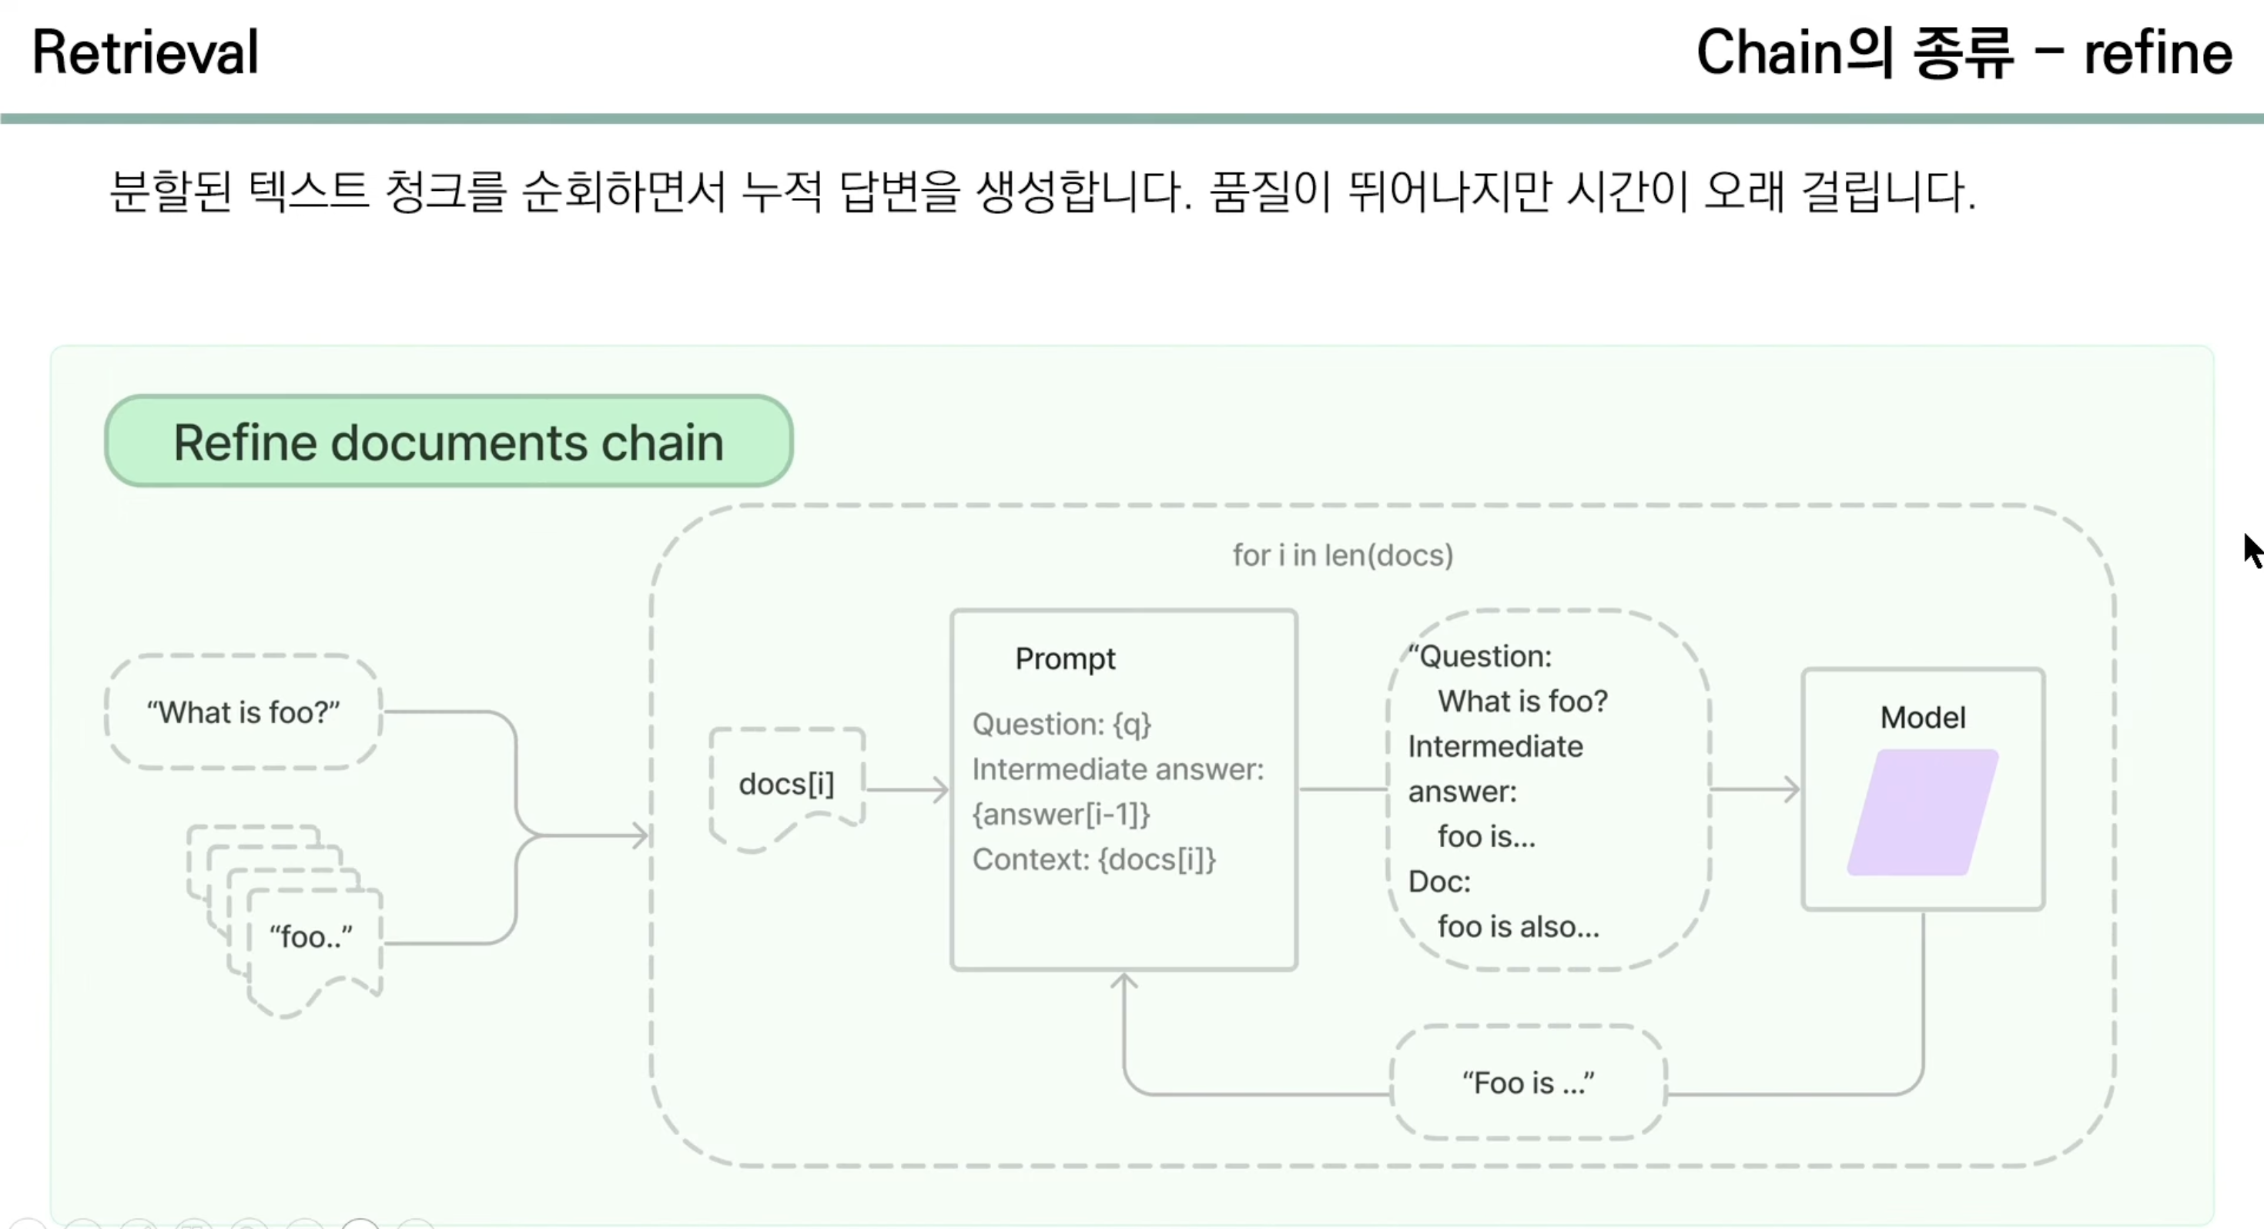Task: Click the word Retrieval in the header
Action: (146, 52)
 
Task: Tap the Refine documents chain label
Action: (448, 441)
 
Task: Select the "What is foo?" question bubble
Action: (243, 712)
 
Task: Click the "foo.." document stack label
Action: (311, 937)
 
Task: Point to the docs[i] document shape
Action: (786, 784)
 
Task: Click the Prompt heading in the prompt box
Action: (1065, 658)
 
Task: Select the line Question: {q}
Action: (1062, 725)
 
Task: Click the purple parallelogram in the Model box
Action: (1923, 812)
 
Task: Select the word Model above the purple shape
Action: (1923, 718)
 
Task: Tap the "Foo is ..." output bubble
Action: (1529, 1083)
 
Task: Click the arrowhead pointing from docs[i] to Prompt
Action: (941, 789)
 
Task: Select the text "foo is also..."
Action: (1519, 926)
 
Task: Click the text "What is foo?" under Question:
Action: (1523, 702)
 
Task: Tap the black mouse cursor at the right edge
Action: (2252, 551)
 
